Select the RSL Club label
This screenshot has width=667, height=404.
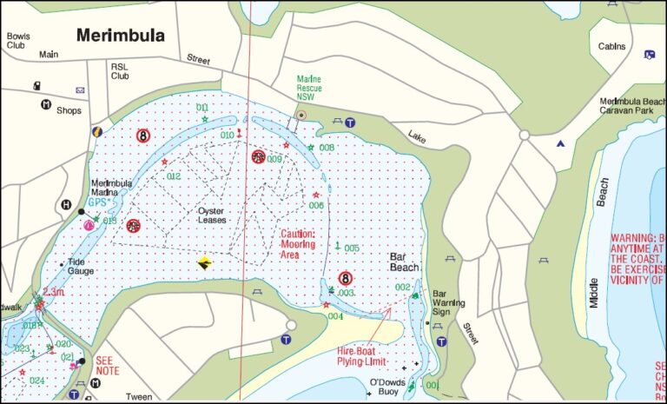[120, 70]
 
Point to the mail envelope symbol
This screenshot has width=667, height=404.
[81, 89]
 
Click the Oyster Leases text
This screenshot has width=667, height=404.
[212, 215]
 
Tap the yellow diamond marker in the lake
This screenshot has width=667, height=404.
[204, 263]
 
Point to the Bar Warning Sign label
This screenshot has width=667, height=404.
[451, 302]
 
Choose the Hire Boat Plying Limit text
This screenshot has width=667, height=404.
[360, 356]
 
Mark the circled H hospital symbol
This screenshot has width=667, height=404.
[65, 205]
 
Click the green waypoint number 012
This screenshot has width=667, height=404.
[174, 176]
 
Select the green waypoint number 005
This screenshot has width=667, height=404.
[351, 248]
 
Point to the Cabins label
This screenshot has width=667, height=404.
[611, 47]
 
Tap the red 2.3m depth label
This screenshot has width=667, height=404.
[54, 293]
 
